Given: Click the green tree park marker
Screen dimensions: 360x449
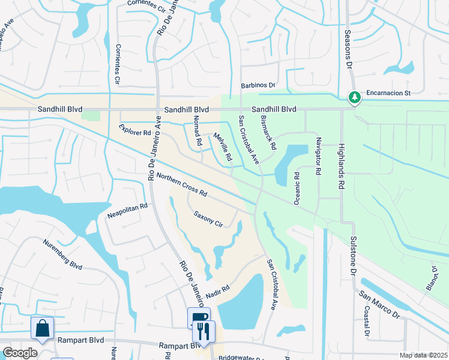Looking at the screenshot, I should click(x=354, y=97).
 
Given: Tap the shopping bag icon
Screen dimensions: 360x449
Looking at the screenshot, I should click(x=43, y=328).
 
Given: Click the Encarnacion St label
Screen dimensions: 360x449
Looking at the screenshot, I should click(x=384, y=94).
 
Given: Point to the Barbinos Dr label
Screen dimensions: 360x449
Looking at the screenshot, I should click(x=258, y=86).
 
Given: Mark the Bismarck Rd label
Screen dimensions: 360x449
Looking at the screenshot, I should click(x=268, y=133).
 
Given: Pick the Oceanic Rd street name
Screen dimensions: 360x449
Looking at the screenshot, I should click(x=297, y=188).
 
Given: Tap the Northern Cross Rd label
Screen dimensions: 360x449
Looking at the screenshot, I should click(x=181, y=185).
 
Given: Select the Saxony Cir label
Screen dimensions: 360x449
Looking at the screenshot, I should click(x=208, y=219).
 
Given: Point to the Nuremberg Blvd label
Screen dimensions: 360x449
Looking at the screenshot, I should click(x=62, y=254).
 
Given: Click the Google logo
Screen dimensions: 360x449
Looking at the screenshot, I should click(x=20, y=353).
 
